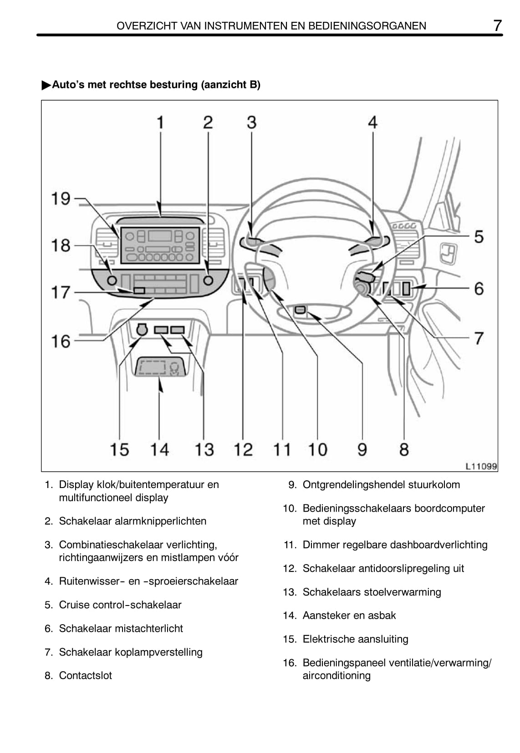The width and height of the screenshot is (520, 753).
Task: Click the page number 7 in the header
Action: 497,25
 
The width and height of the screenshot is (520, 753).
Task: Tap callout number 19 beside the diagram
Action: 61,198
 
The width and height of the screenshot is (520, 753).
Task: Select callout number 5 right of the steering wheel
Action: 479,237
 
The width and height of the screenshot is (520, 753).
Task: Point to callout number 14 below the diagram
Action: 159,449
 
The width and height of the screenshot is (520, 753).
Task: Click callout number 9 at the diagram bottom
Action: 362,449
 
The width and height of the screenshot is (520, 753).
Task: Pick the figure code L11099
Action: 481,466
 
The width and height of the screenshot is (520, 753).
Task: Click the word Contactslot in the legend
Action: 85,676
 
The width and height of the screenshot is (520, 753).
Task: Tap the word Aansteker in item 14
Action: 325,616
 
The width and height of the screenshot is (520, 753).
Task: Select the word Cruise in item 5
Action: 74,605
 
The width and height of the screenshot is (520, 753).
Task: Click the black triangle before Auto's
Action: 46,85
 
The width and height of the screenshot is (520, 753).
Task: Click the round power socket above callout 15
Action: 142,329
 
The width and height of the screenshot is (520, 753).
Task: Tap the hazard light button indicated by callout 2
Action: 208,280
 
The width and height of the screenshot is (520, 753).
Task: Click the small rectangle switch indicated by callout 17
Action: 139,290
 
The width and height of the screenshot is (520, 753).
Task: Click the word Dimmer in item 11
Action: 318,545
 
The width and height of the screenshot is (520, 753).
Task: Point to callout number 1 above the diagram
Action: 160,122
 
